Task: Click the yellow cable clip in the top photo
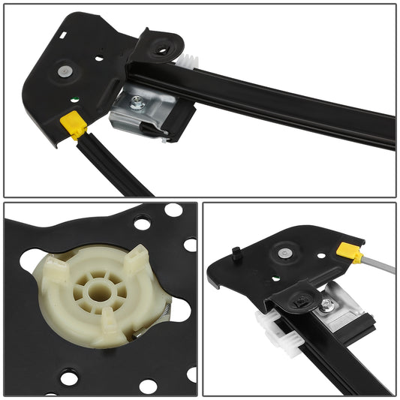[x=76, y=123]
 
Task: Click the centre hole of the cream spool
[x=95, y=286]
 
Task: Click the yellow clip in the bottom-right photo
[x=348, y=251]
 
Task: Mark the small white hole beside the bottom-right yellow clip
[x=322, y=255]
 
